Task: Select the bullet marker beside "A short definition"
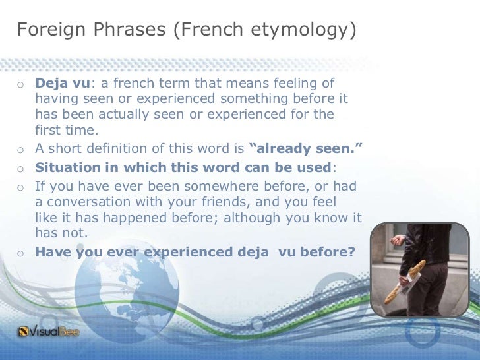pos(21,147)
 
